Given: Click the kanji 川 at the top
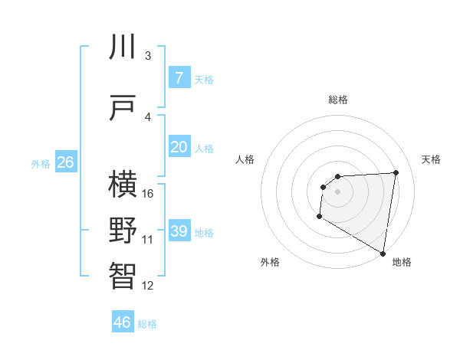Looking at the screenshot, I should coord(123,47).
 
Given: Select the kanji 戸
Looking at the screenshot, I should coord(123,109).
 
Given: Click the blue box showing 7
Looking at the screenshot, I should coord(179,77).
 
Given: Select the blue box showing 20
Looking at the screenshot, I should coord(179,146).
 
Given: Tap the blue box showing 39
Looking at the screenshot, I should coord(179,231).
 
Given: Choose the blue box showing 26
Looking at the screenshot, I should coord(65,162).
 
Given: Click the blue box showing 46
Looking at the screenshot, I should coord(123,322).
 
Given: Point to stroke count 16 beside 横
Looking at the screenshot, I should coord(148,193).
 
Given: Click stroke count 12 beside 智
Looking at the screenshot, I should coord(148,286).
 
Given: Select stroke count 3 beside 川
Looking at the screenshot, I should coord(147,56).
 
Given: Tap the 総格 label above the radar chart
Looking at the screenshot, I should coord(338,100).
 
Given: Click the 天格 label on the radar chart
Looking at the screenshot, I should coord(432,159).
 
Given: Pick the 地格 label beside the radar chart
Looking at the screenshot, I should coord(402,262).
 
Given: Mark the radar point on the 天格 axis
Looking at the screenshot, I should coord(396,172).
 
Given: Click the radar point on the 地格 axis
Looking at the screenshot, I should coord(383,253).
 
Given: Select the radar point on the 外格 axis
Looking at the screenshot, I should coord(319,217).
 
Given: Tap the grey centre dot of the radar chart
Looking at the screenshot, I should coord(338,191).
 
